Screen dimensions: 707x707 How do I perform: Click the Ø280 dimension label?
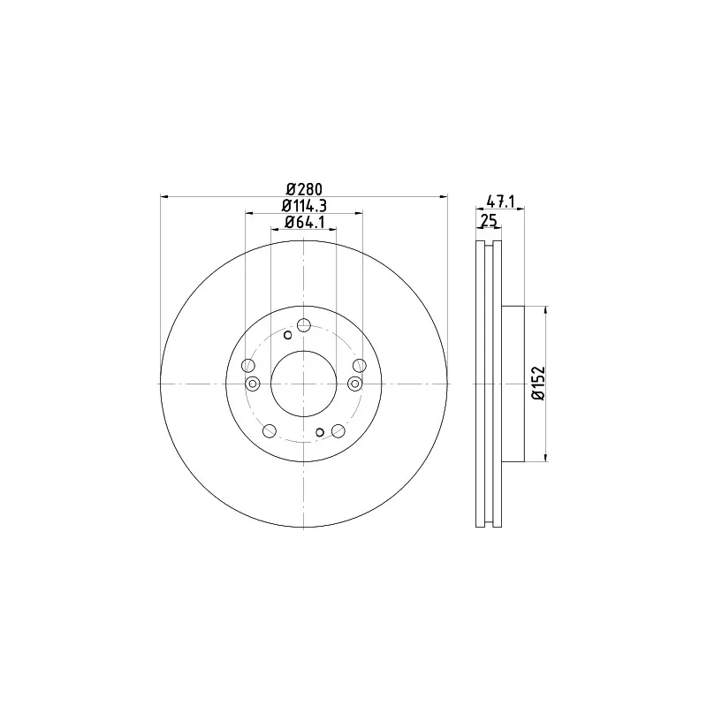pos(304,189)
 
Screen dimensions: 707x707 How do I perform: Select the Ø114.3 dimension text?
pos(304,206)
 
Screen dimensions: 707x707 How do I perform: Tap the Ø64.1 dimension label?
pos(304,222)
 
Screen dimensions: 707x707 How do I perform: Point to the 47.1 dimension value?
pos(500,201)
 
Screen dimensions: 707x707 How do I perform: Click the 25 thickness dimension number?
pos(489,221)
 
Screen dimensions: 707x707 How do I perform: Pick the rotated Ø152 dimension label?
pos(539,384)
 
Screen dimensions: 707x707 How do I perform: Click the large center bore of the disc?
pos(304,384)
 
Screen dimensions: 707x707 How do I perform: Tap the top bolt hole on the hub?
pos(304,324)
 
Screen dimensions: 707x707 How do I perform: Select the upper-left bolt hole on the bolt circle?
pos(248,366)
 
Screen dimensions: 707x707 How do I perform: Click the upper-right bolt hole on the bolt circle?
pos(360,366)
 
